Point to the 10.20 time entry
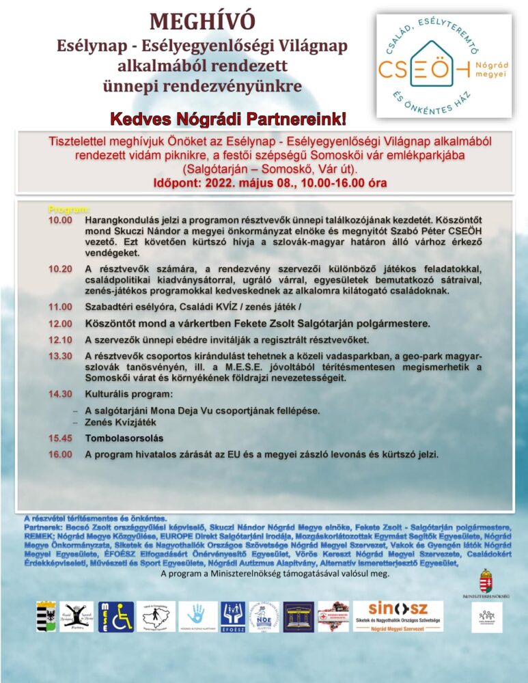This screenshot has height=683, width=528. tap(59, 268)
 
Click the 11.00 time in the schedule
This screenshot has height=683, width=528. tap(59, 307)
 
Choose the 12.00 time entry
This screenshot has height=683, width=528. tap(59, 323)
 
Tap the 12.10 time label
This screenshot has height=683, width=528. tap(59, 339)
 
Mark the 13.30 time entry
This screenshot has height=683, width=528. tap(59, 356)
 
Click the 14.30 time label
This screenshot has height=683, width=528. tap(59, 394)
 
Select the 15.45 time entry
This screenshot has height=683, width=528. tap(59, 438)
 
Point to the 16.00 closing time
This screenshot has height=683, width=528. tap(59, 454)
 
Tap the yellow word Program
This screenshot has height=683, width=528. tap(68, 208)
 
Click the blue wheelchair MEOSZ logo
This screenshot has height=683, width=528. tap(116, 616)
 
